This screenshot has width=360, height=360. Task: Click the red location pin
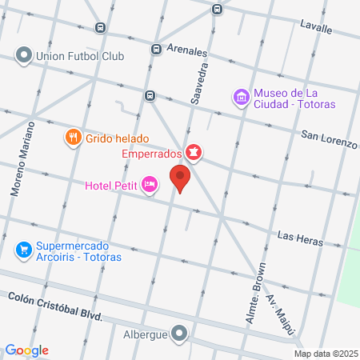point(180,178)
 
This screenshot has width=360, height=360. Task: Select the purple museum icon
point(240,98)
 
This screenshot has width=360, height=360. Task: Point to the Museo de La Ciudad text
point(294,98)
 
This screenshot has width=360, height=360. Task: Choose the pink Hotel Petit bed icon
point(149,186)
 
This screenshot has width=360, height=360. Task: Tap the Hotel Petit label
point(111,187)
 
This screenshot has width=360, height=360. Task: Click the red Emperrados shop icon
point(193,151)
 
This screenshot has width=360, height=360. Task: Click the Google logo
point(26,350)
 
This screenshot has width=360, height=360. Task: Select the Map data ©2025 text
point(325,354)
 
